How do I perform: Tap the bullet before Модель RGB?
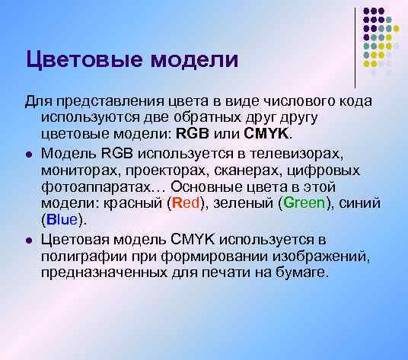pyautogui.click(x=28, y=153)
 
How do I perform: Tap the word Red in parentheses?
pyautogui.click(x=185, y=204)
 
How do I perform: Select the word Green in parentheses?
pyautogui.click(x=302, y=204)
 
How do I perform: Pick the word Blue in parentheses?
pyautogui.click(x=62, y=221)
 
